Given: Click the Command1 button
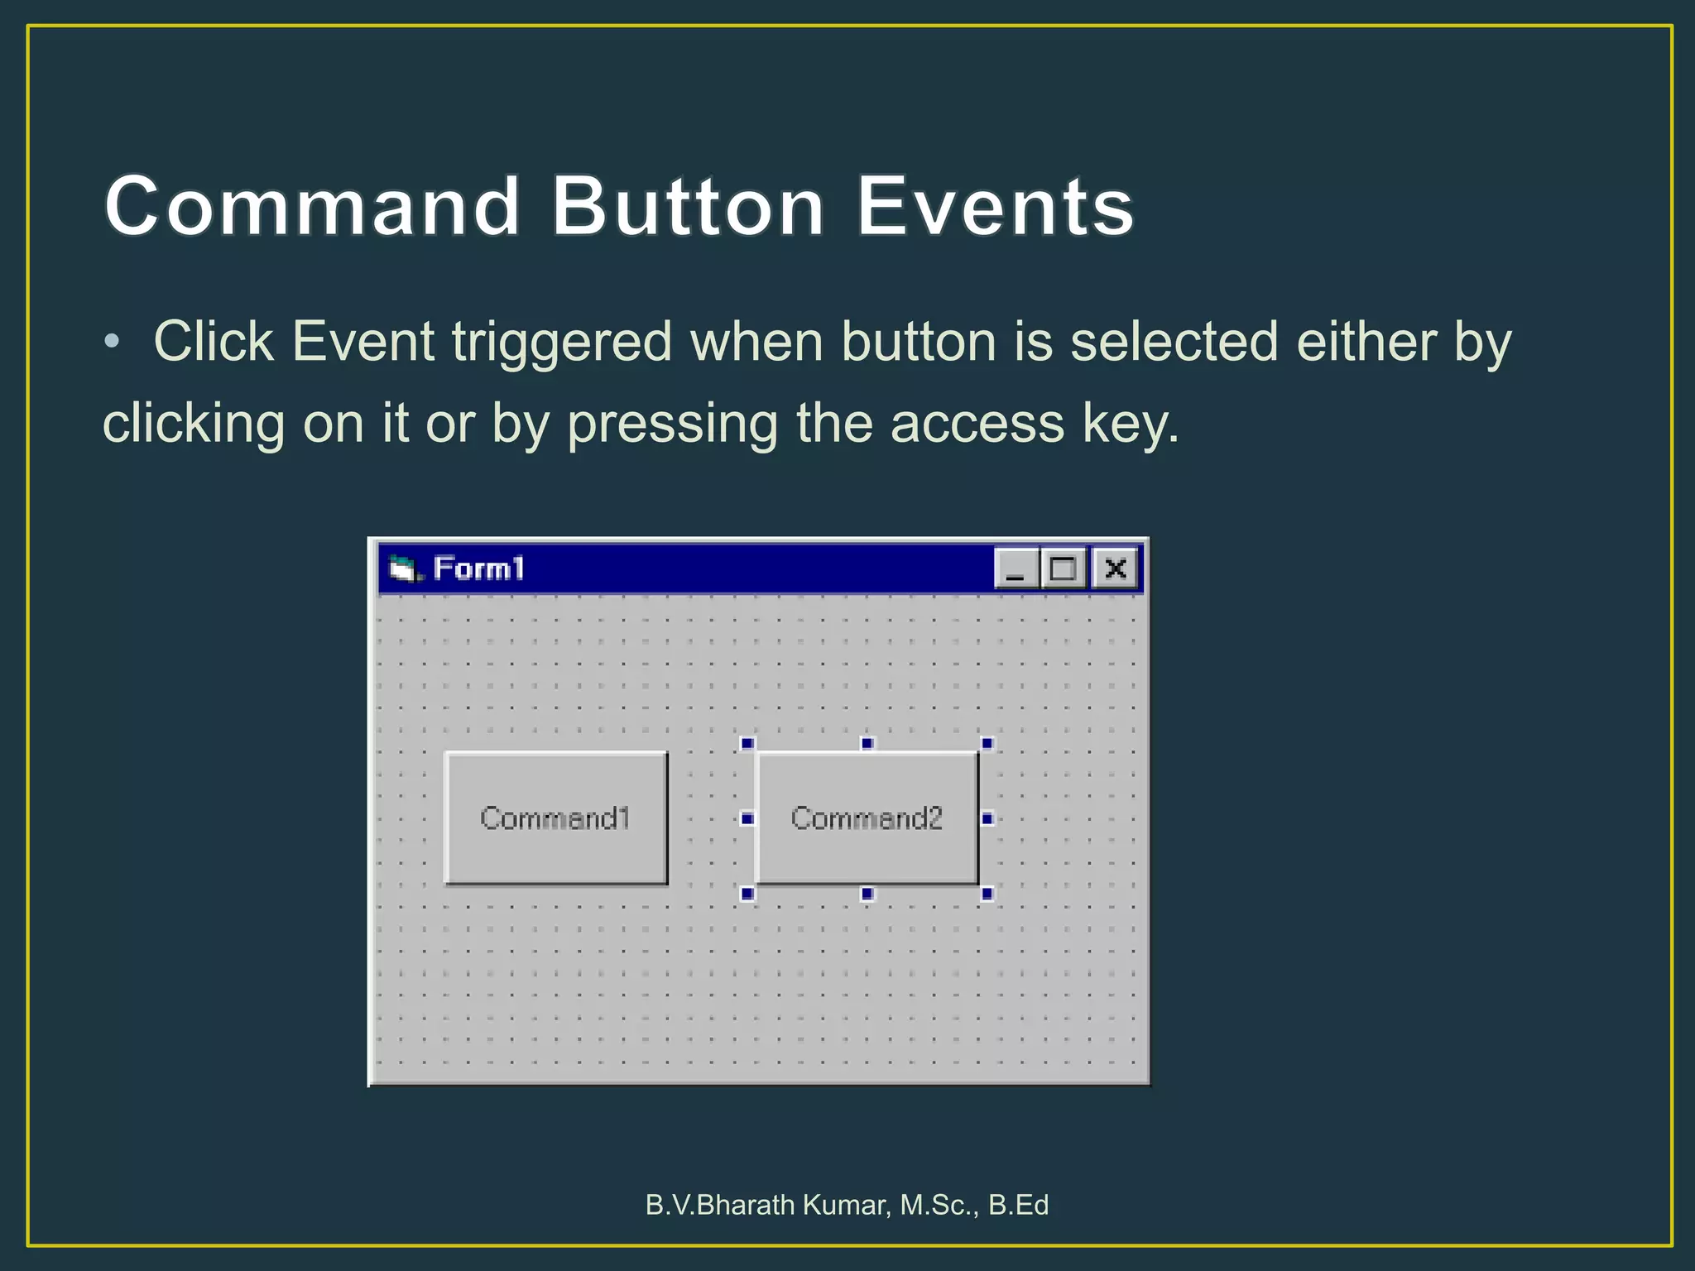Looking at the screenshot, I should tap(555, 818).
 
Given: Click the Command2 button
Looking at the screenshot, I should tap(867, 818).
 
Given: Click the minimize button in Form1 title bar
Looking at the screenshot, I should tap(1016, 568).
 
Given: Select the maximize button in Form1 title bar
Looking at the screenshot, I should tap(1063, 568).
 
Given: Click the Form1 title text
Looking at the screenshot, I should tap(478, 568).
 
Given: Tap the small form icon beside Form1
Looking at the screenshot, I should tap(403, 568).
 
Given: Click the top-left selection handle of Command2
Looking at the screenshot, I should tap(747, 743).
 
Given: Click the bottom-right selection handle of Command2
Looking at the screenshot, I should tap(987, 893).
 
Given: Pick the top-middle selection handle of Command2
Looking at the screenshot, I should tap(867, 743).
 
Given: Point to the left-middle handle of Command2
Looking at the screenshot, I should tap(747, 818).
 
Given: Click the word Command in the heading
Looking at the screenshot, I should tap(312, 206).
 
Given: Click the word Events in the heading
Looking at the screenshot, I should tap(994, 206).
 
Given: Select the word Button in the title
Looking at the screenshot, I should tap(688, 206).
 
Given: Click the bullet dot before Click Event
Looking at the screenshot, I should tap(113, 341).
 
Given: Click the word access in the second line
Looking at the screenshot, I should tap(977, 424).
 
